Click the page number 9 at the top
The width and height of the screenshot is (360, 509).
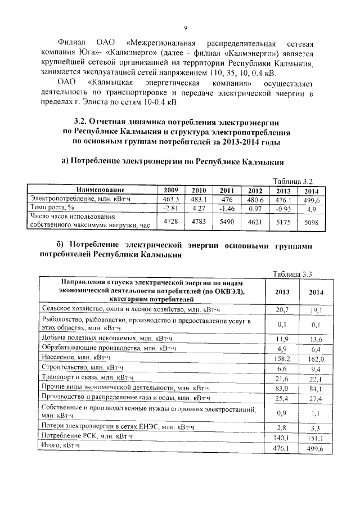click(x=185, y=28)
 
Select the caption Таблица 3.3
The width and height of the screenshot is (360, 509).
click(x=291, y=274)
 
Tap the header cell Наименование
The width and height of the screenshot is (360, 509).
click(x=93, y=190)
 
